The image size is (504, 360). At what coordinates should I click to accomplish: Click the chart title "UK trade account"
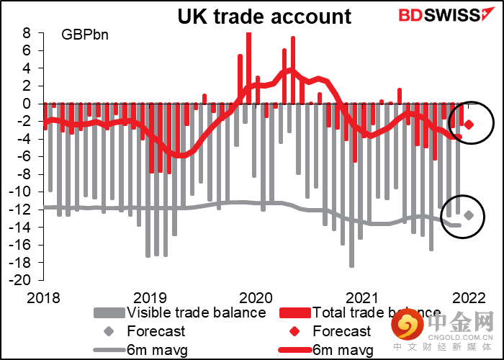[264, 16]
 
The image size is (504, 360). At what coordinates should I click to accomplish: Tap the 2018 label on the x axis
[42, 297]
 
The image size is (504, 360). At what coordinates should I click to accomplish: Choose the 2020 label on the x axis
[255, 297]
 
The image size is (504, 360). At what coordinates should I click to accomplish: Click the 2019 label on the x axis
[148, 297]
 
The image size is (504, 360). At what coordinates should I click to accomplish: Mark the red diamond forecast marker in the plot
[469, 125]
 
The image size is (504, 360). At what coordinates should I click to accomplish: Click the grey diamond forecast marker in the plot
[469, 215]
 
